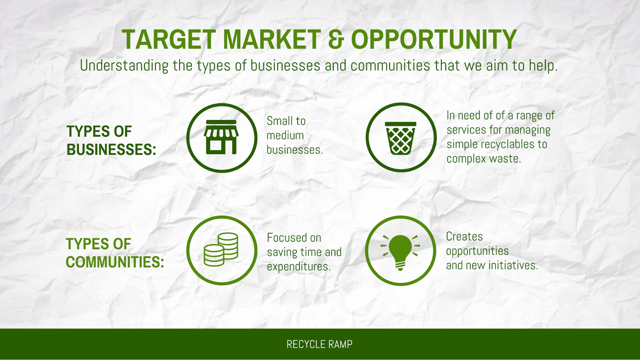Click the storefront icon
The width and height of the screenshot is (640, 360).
point(221,137)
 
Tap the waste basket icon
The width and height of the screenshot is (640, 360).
point(401,138)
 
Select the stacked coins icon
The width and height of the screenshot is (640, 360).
point(221,250)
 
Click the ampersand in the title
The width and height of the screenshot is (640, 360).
point(336,39)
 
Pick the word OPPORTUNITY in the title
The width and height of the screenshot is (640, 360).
point(434,39)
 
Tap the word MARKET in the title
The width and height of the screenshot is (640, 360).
point(272,39)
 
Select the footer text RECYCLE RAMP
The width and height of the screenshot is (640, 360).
point(320,344)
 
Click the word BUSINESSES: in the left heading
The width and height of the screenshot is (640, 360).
point(111,149)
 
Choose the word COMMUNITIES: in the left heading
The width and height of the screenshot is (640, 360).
point(115,262)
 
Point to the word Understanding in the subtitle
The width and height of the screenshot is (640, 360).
point(124,66)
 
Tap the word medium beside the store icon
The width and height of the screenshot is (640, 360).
point(285,135)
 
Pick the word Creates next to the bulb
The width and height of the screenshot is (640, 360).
point(465,236)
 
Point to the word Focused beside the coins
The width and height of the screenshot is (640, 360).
point(287,238)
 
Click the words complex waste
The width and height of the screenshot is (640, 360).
point(483,159)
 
